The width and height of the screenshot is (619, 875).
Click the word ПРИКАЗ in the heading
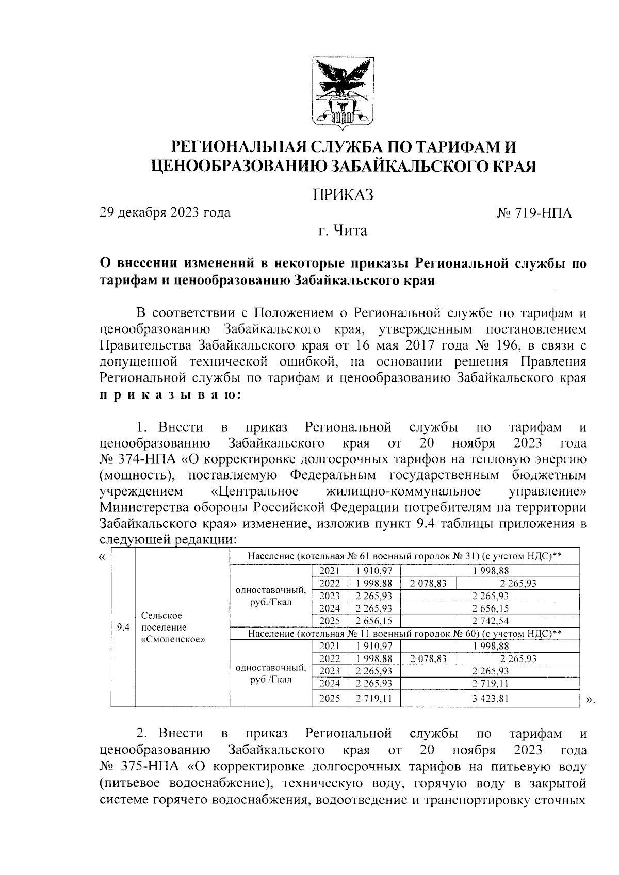[343, 195]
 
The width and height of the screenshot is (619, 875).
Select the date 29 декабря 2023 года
[165, 212]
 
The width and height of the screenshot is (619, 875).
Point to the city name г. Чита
[343, 230]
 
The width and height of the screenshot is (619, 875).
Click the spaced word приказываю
[169, 395]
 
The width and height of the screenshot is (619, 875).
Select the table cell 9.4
[123, 628]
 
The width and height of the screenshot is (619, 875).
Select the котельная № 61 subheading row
[404, 556]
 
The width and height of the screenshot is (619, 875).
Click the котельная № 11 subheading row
[404, 633]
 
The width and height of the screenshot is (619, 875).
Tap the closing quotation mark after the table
[590, 700]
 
